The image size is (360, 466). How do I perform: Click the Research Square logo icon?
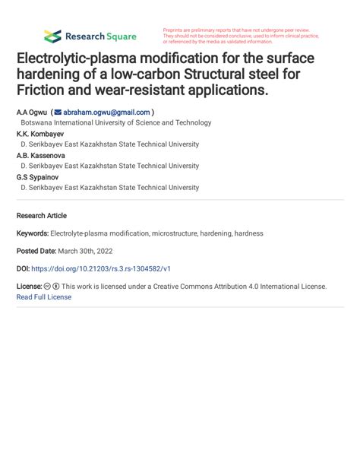coord(52,36)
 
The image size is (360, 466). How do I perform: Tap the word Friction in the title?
coord(46,90)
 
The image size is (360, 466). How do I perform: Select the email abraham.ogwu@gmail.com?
coord(106,112)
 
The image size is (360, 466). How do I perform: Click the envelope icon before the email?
coord(58,112)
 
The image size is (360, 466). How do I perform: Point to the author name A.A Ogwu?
coord(30,112)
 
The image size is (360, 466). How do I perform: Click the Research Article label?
coord(41,216)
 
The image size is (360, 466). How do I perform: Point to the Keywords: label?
coord(33,233)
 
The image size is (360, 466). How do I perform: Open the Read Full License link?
coord(43,297)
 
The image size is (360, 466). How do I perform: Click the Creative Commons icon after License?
coord(48,287)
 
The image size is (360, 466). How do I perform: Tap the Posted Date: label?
coord(36,251)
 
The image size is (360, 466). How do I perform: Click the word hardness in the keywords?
coord(248,233)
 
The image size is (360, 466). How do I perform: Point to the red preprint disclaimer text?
coord(241,36)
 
